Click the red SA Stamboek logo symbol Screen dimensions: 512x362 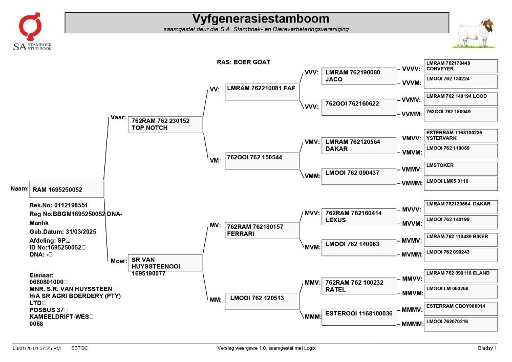pos(30,27)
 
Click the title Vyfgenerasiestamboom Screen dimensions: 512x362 pos(261,18)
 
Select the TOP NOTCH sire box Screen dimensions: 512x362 pos(165,124)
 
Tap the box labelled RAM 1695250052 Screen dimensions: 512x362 pos(67,189)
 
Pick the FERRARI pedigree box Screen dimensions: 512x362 pos(262,230)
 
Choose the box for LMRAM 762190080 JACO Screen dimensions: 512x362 pos(358,76)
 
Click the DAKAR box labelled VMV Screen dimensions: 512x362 pos(358,145)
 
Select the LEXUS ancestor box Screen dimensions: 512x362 pos(358,217)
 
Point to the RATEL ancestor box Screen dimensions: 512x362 pos(358,286)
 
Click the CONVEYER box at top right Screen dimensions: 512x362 pos(461,66)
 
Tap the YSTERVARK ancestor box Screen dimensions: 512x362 pos(461,136)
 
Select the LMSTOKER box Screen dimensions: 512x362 pos(461,169)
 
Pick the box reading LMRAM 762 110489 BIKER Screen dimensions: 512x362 pos(461,240)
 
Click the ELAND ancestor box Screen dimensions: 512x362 pos(461,276)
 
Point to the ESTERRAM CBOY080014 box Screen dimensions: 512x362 pos(461,309)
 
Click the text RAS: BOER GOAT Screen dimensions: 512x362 pos(244,62)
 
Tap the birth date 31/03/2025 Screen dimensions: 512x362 pos(81,232)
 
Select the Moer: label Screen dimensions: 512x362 pos(119,261)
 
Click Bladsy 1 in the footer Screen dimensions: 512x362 pos(487,348)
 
